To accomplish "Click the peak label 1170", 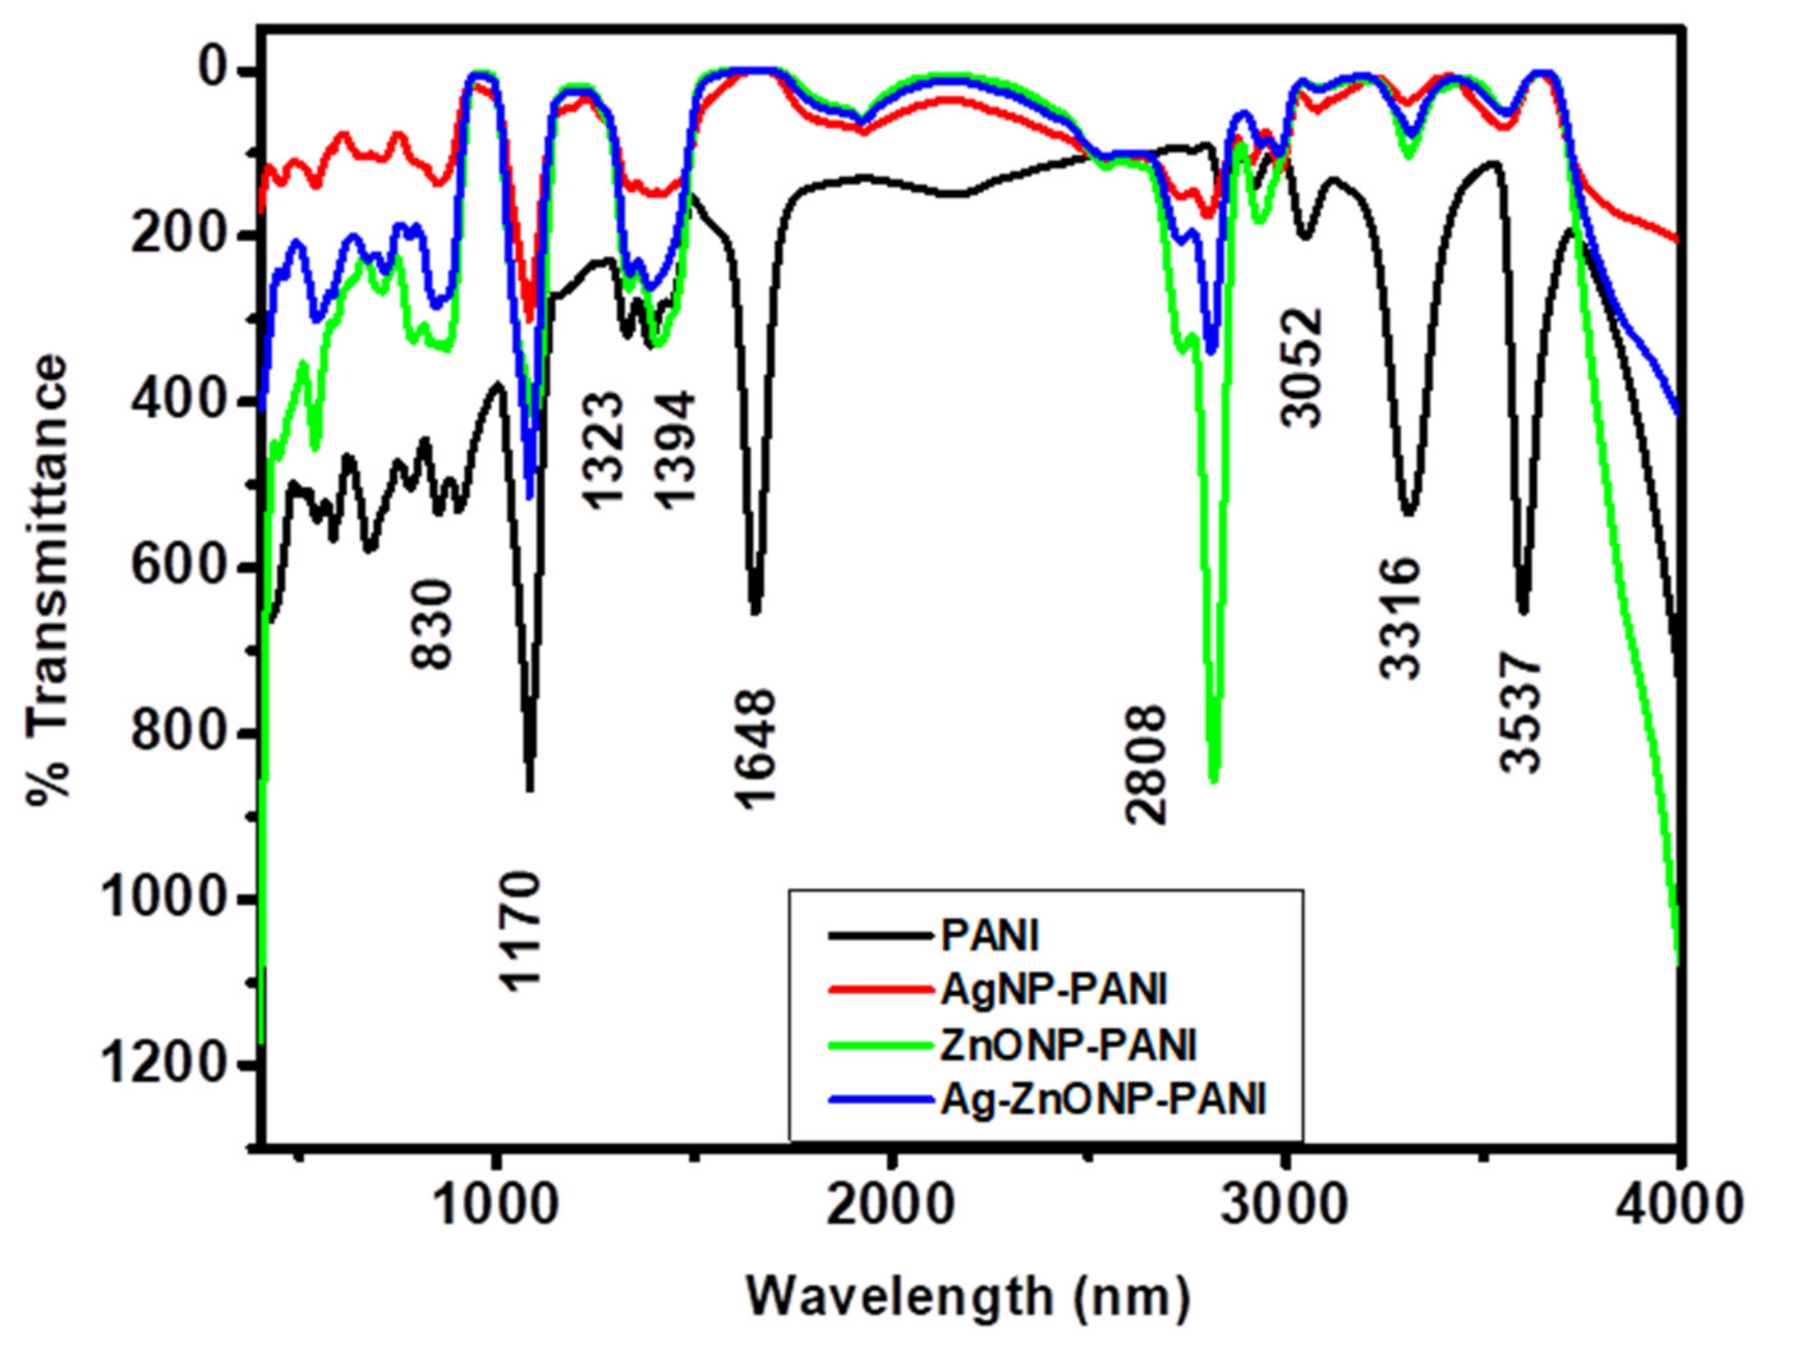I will [520, 931].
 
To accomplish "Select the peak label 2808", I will [1145, 764].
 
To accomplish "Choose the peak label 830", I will [431, 624].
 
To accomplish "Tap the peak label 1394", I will [676, 449].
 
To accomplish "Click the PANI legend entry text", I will [989, 937].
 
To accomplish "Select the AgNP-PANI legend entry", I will [1054, 990].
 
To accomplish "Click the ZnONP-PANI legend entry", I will [1068, 1045].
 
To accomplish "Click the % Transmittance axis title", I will [47, 579].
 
